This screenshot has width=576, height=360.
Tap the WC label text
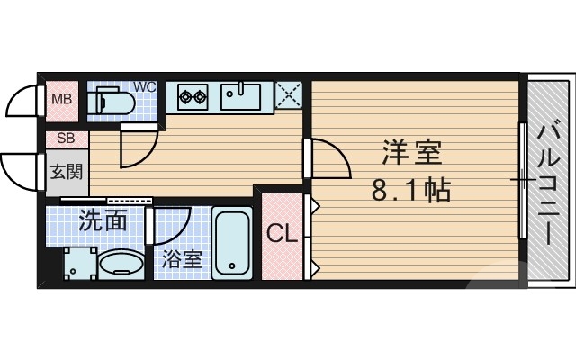click(145, 87)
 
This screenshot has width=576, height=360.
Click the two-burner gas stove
click(193, 96)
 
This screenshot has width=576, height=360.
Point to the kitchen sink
click(241, 94)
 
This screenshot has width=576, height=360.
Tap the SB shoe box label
click(66, 139)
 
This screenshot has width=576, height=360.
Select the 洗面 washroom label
click(102, 220)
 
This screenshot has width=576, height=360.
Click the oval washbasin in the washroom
click(121, 265)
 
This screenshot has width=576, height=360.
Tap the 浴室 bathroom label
click(182, 259)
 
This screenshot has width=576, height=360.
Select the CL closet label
click(282, 235)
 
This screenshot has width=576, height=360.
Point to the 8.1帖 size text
click(410, 191)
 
